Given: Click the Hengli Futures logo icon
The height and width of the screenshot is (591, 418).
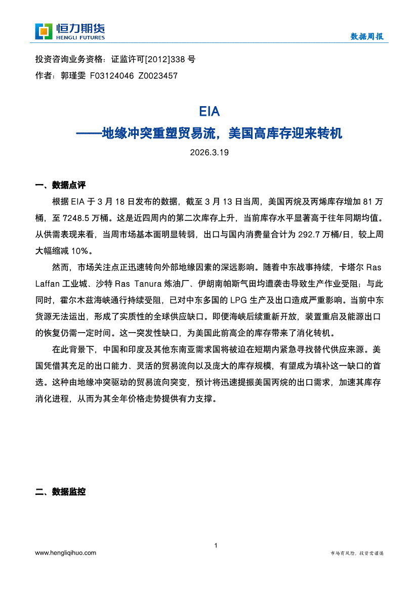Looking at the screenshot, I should click(44, 31).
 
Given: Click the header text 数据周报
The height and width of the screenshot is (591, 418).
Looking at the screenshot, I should click(367, 36).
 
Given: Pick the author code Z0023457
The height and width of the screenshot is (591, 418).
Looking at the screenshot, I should click(158, 76).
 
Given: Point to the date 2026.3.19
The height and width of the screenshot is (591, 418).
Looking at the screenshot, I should click(210, 152).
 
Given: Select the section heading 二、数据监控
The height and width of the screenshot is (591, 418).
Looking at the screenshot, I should click(60, 491).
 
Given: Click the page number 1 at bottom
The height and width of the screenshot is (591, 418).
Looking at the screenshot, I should click(216, 545).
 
